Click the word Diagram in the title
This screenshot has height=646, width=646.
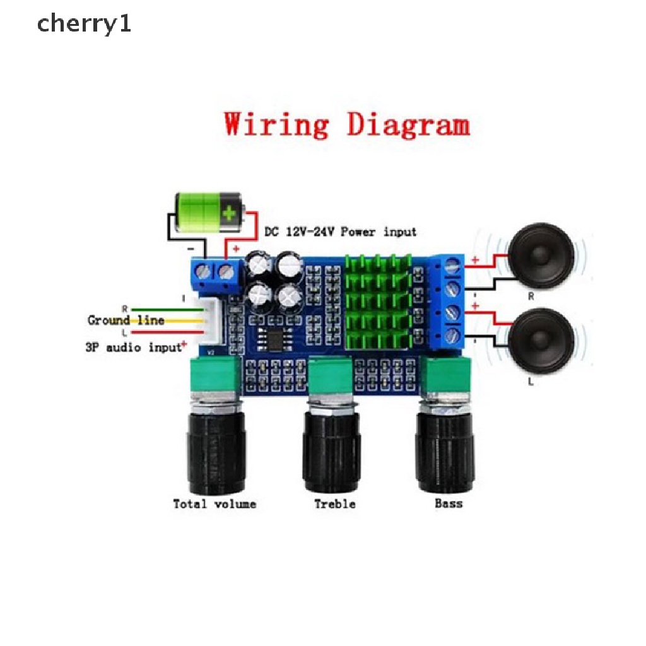click(408, 125)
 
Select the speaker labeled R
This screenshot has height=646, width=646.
click(541, 255)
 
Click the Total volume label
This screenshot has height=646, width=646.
click(214, 503)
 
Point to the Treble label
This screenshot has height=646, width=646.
click(335, 503)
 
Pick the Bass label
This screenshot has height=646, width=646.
click(449, 503)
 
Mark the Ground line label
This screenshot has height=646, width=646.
click(126, 320)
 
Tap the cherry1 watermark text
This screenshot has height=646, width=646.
click(84, 25)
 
